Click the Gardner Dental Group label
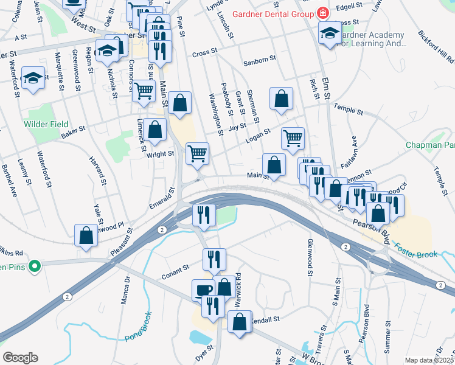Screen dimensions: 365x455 268,13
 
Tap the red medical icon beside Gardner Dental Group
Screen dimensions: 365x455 321,13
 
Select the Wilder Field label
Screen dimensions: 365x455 46,124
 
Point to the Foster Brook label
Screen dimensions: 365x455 416,251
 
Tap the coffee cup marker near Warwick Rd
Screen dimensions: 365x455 203,290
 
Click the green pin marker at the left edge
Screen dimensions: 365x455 35,266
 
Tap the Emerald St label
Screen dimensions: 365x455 162,198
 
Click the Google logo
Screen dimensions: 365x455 20,358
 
